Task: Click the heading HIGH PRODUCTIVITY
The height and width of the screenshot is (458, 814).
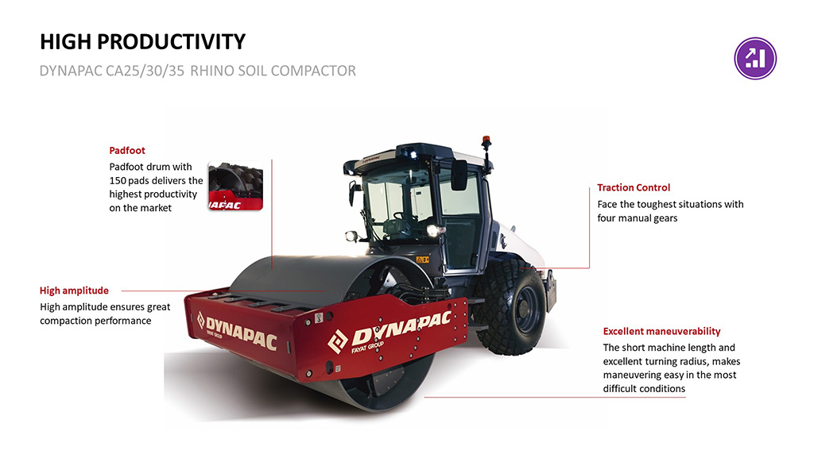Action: (x=143, y=42)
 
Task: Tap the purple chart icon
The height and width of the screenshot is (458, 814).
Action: (x=755, y=58)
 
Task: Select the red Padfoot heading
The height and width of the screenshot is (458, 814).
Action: (x=127, y=150)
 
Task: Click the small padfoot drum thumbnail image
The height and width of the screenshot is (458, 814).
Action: (x=235, y=186)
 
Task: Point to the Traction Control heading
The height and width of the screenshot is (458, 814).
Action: (x=634, y=187)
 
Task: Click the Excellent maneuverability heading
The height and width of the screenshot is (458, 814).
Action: (x=662, y=331)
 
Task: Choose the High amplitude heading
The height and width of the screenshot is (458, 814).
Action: (x=74, y=291)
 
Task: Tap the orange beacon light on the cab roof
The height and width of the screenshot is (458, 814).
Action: (x=486, y=140)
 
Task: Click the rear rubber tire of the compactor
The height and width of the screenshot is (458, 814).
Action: (x=510, y=307)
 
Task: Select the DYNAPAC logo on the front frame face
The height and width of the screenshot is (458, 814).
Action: (x=237, y=331)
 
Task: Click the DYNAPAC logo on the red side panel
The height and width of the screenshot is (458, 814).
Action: (x=390, y=332)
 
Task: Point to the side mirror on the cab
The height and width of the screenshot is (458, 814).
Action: (x=459, y=175)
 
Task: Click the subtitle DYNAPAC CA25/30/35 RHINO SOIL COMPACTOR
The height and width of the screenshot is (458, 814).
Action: (x=198, y=71)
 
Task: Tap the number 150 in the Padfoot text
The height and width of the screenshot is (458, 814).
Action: (x=118, y=180)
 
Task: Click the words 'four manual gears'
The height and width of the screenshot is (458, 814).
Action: (x=638, y=218)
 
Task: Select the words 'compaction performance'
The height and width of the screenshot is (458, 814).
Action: (x=95, y=321)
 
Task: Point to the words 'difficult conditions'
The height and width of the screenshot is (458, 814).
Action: (x=644, y=389)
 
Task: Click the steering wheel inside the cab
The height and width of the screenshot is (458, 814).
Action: (x=401, y=217)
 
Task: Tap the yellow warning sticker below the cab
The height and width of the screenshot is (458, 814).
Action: (x=423, y=260)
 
